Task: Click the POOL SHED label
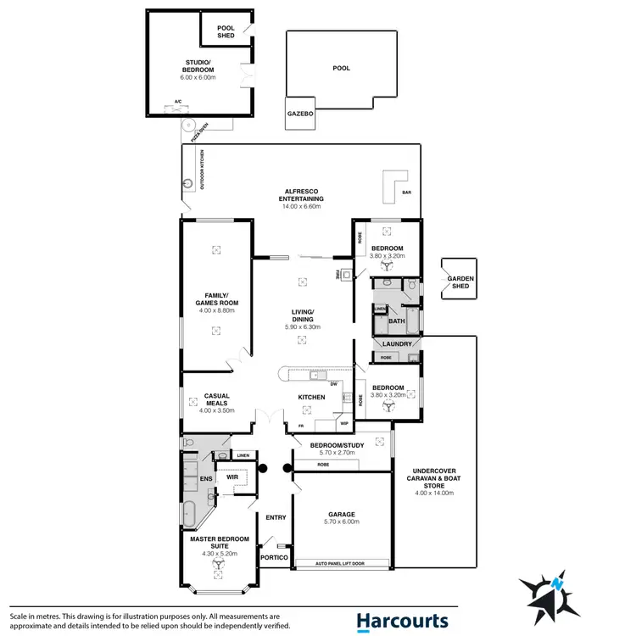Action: tap(226, 31)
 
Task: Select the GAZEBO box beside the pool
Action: tap(298, 113)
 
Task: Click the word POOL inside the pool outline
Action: tap(341, 68)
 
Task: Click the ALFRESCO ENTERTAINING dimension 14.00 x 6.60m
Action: tap(300, 206)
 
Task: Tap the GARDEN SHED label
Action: tap(460, 282)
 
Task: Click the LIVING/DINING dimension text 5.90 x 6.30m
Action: tap(301, 326)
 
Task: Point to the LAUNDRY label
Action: tap(397, 343)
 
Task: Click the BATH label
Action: tap(396, 321)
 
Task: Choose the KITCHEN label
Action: tap(311, 397)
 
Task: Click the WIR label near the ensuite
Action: tap(232, 477)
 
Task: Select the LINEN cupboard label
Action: tap(243, 455)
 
